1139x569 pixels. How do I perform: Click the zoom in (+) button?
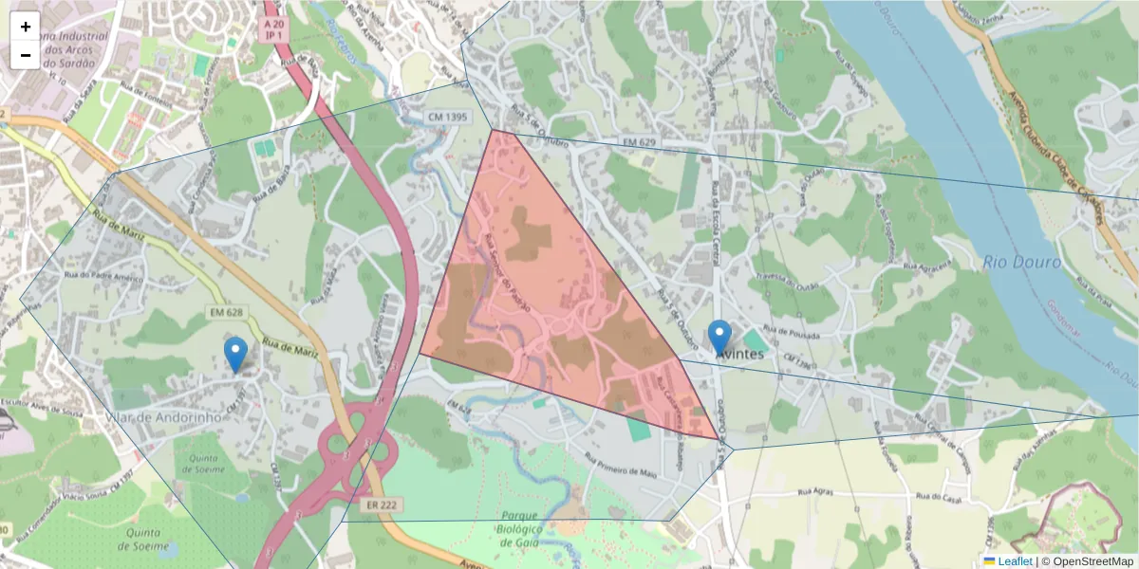(26, 27)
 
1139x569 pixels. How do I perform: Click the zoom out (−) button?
(26, 55)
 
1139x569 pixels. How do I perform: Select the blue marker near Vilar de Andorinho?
(235, 354)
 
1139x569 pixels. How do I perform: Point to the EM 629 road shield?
(640, 141)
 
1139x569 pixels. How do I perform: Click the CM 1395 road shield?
(447, 117)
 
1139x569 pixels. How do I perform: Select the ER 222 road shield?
(381, 505)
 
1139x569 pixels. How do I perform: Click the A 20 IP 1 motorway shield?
(274, 28)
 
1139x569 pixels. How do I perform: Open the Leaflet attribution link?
(1015, 561)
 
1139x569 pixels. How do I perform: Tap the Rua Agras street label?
(815, 493)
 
